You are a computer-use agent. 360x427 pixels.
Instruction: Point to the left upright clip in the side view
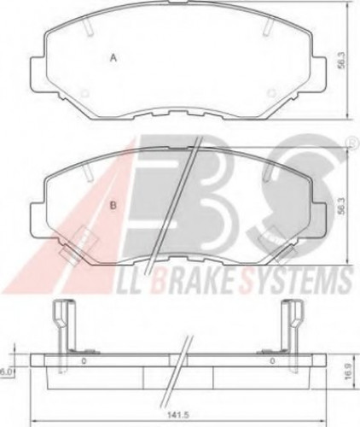tap(60, 323)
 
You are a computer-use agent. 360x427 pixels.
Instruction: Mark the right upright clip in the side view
tap(294, 323)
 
